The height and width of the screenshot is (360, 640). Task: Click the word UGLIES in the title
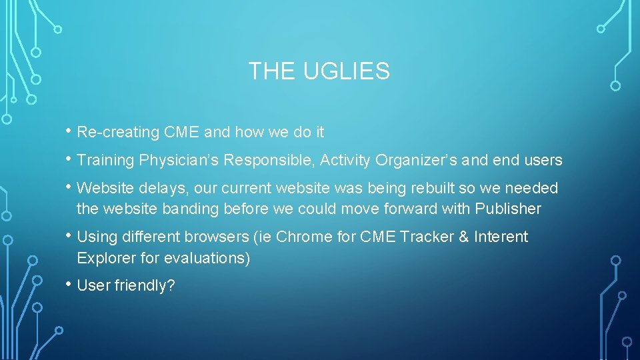(347, 71)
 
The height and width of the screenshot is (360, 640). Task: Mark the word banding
(192, 209)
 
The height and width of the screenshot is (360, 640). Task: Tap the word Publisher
(508, 209)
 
